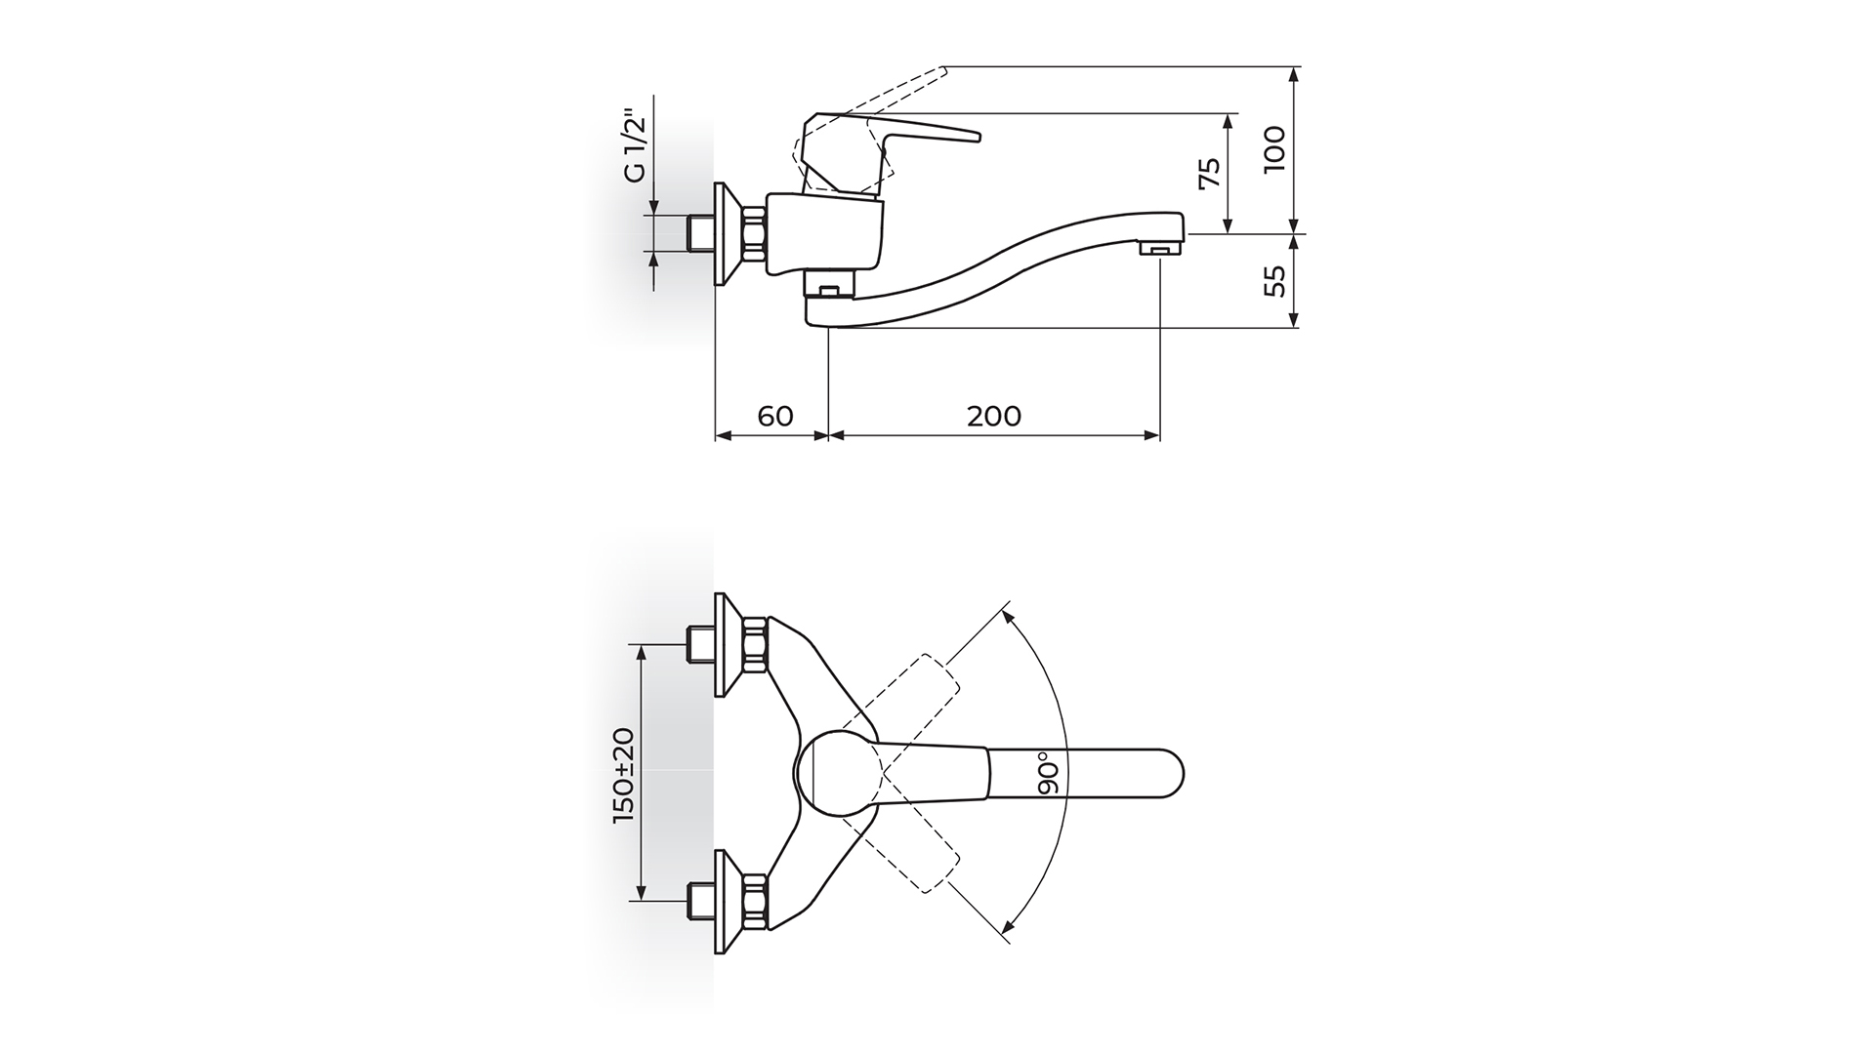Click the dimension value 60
pos(774,416)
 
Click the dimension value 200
pos(994,416)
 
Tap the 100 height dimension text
pos(1275,149)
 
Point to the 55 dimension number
pos(1275,281)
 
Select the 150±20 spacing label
pos(624,775)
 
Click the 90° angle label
pos(1049,776)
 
